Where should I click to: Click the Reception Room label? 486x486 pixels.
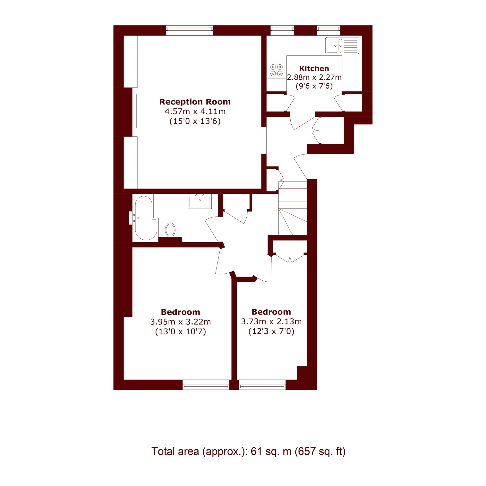click(195, 102)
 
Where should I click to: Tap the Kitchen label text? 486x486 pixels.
click(314, 69)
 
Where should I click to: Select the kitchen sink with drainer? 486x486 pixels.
click(342, 45)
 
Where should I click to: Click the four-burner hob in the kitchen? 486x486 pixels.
click(277, 70)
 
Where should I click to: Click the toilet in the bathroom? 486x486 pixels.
click(170, 229)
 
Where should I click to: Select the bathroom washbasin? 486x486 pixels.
click(200, 201)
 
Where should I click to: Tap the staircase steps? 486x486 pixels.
click(293, 208)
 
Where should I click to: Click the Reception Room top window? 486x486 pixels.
click(190, 30)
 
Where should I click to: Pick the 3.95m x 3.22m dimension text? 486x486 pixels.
click(181, 322)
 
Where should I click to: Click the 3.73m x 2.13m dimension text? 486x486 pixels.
click(271, 321)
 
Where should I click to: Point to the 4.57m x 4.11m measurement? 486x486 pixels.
click(195, 111)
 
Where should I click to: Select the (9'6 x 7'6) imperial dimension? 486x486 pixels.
click(314, 86)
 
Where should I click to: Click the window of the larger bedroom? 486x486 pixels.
click(206, 385)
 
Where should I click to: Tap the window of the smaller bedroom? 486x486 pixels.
click(262, 385)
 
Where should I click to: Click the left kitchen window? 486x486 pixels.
click(282, 30)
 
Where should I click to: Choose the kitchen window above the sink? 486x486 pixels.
click(329, 30)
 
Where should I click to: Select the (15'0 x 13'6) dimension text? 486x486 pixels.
click(195, 121)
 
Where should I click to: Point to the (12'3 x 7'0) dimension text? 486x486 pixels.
click(271, 331)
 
